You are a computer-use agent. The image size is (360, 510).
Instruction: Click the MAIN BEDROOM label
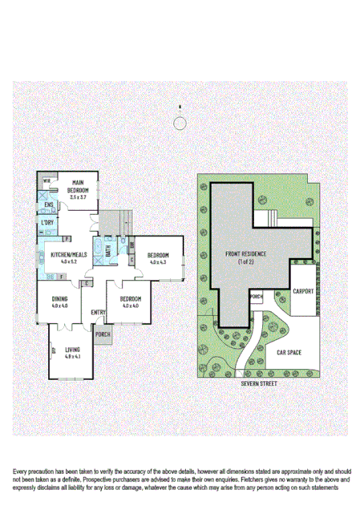78,186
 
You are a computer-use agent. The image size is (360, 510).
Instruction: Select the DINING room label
60,299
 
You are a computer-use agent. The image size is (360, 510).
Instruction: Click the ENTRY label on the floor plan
99,312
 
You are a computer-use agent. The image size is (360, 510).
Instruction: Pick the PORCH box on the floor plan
103,334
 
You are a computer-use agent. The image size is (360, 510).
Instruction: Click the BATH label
108,253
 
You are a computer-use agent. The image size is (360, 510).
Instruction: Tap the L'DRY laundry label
47,223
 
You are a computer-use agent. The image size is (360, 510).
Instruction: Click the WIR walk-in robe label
47,181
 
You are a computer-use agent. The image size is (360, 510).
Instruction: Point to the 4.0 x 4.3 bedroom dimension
157,262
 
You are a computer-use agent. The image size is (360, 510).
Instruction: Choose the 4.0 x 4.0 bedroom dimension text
130,306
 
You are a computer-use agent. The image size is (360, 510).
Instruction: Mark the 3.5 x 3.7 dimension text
78,196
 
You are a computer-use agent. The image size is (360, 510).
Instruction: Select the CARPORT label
303,291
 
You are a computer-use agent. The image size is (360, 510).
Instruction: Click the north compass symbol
180,121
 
